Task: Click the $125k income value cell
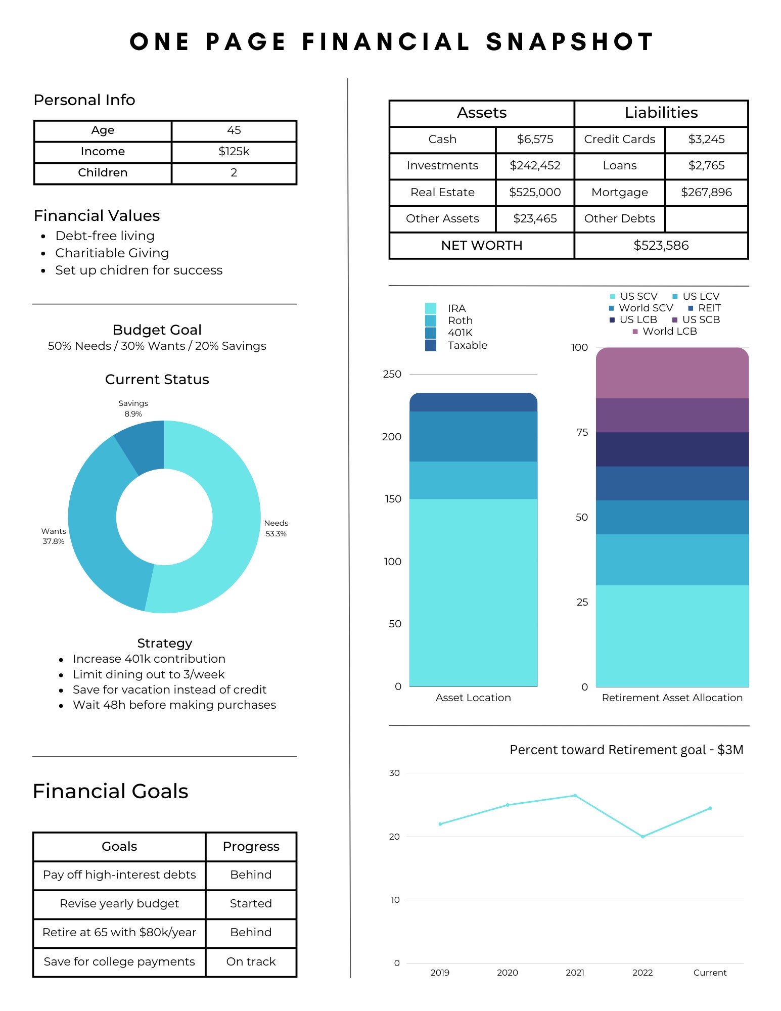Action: coord(234,152)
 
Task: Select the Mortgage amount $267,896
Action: coord(706,192)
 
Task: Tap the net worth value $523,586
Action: coord(661,246)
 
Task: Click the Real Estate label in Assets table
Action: coord(442,192)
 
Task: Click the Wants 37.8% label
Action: coord(54,536)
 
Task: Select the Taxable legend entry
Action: coord(467,345)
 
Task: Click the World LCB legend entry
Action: coord(669,332)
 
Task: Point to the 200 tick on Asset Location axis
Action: coord(392,437)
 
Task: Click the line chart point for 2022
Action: coord(642,837)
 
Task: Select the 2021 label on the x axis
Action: coord(575,973)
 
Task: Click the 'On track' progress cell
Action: coord(251,961)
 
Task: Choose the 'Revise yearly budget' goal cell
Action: coord(119,903)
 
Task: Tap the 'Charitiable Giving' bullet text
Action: coord(112,253)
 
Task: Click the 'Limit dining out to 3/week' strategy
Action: coord(149,674)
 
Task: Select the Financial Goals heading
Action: coord(110,791)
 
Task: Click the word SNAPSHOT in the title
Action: coord(570,42)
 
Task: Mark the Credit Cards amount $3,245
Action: coord(706,139)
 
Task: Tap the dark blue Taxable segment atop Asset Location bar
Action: coord(473,402)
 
